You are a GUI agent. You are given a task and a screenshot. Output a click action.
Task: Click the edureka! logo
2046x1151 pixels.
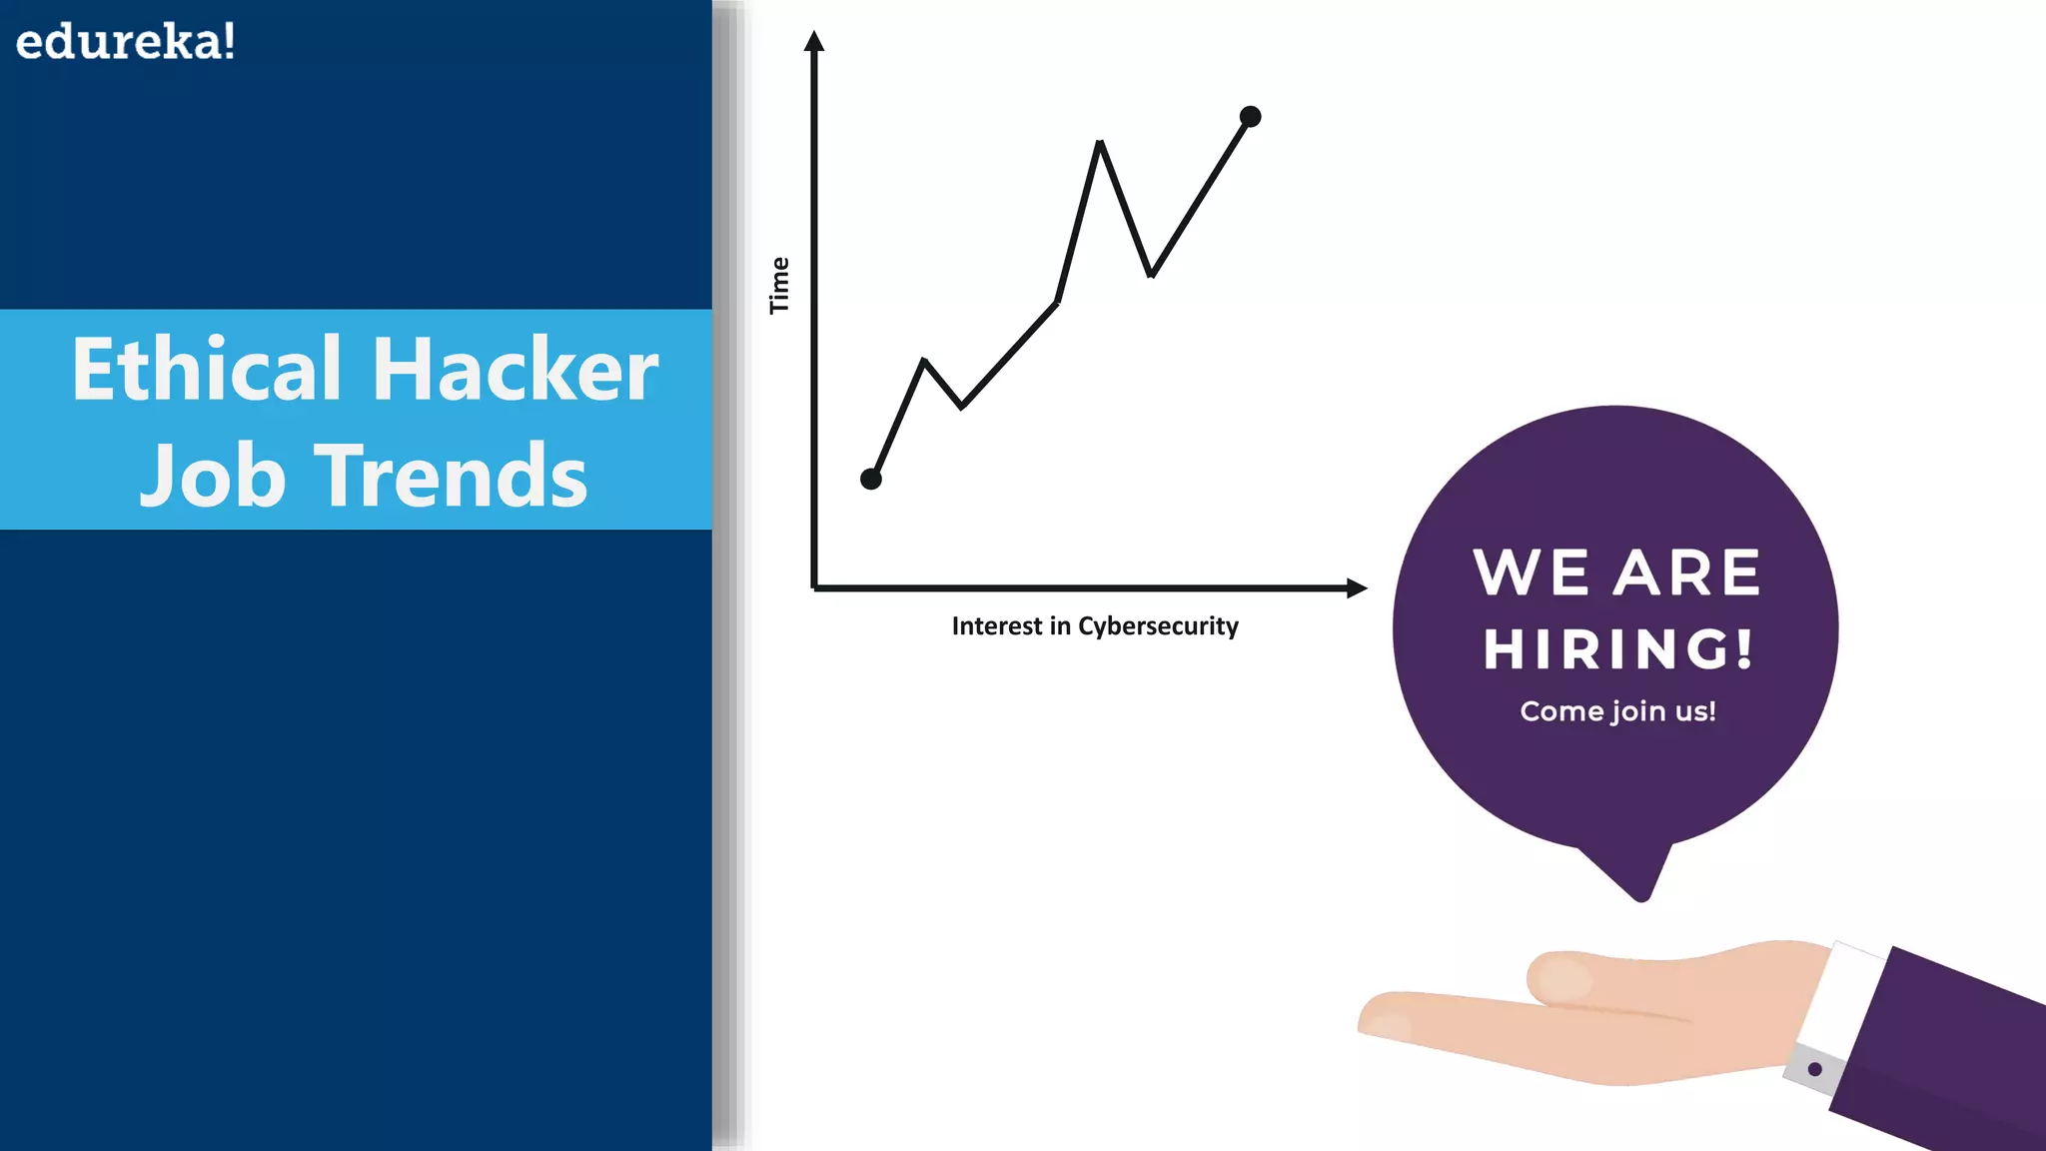(x=126, y=42)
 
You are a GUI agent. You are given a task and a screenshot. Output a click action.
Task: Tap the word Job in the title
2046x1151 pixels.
(x=213, y=477)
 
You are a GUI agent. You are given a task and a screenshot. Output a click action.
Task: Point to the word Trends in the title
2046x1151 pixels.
(x=452, y=477)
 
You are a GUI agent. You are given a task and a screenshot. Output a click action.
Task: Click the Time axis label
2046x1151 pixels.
(x=779, y=286)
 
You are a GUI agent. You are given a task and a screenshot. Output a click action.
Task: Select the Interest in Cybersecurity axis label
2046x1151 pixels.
(x=1095, y=626)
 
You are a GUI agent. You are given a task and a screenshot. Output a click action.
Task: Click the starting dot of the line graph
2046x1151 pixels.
(x=871, y=480)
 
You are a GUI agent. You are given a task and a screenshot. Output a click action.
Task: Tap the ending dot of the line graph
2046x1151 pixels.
(x=1250, y=117)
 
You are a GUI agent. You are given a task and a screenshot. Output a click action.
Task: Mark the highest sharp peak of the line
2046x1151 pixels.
(x=1099, y=144)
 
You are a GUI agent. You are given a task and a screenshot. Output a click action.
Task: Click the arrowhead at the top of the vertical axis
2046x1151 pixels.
(x=814, y=41)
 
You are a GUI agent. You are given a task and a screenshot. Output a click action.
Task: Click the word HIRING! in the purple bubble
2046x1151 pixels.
(x=1617, y=649)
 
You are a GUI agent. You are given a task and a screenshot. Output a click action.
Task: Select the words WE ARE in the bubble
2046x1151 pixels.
(x=1616, y=574)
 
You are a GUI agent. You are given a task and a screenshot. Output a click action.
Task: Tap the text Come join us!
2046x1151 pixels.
(x=1617, y=711)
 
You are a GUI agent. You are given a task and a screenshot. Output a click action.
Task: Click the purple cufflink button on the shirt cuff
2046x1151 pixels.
(x=1815, y=1069)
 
